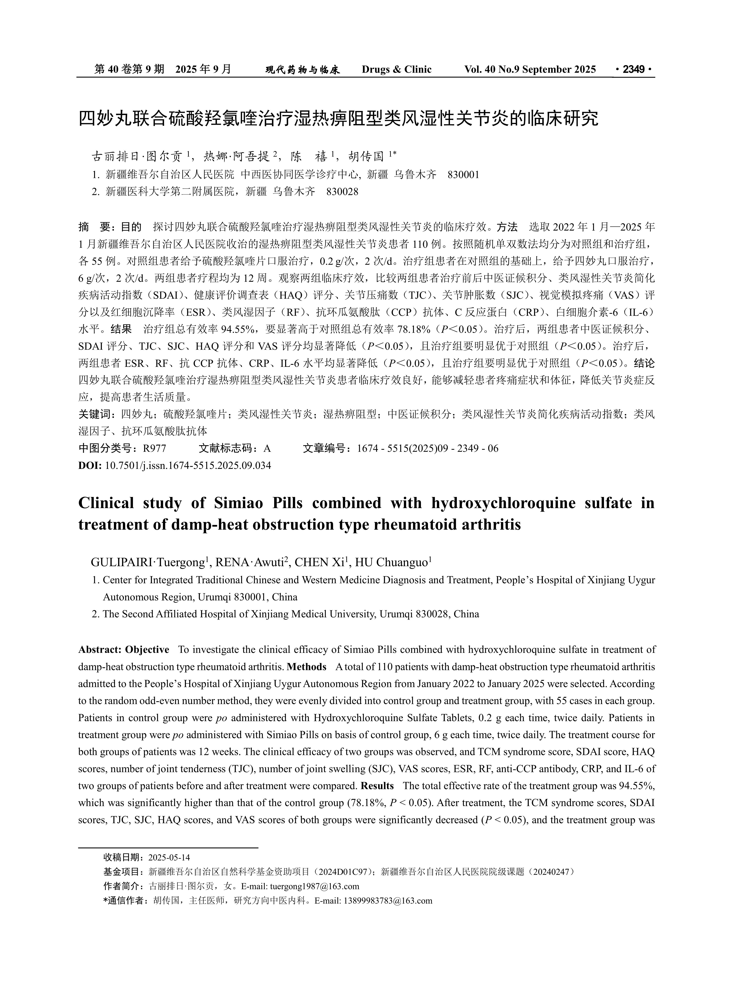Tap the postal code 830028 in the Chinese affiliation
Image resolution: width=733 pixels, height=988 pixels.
(342, 192)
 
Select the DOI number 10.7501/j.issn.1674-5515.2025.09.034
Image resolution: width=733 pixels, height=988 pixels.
(188, 466)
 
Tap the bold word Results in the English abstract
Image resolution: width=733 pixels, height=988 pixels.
(377, 786)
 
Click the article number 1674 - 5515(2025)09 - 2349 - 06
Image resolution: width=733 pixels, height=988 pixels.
(428, 448)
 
